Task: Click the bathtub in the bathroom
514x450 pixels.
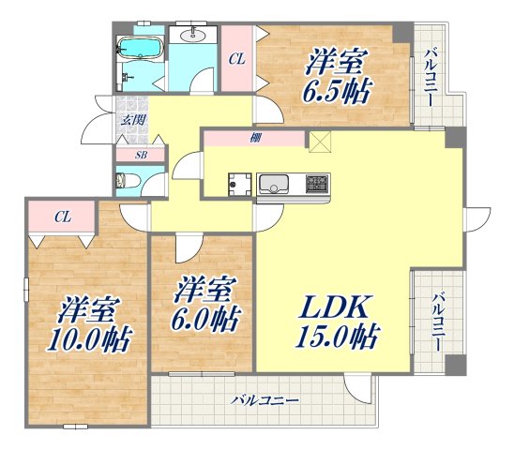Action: [142, 48]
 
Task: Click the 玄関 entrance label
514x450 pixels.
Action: [129, 119]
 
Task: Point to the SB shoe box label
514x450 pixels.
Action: [140, 155]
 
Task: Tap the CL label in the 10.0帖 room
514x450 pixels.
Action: [62, 217]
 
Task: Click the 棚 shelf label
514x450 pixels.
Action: [254, 138]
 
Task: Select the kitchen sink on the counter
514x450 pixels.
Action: [278, 182]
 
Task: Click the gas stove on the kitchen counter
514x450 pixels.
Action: [318, 182]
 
